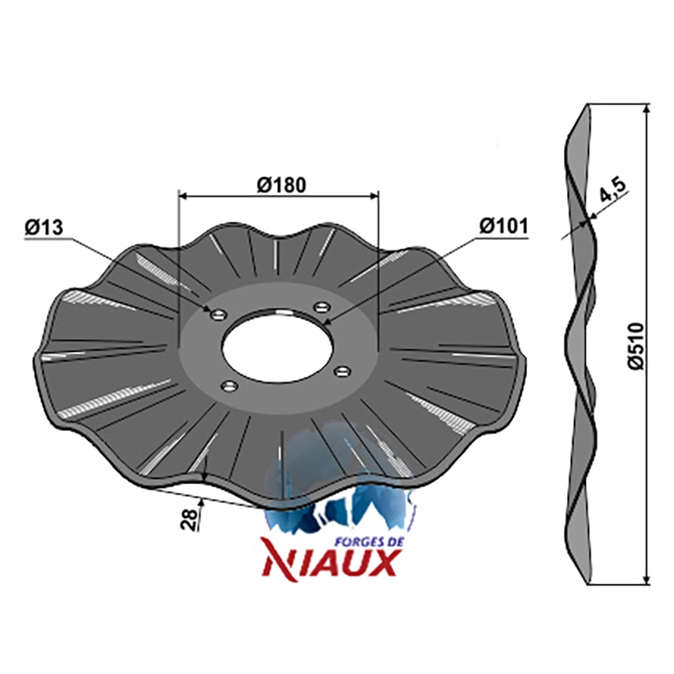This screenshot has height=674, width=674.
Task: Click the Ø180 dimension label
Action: pyautogui.click(x=281, y=185)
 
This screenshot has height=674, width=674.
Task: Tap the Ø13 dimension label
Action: pyautogui.click(x=44, y=227)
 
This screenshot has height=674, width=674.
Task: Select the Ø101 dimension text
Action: pyautogui.click(x=504, y=225)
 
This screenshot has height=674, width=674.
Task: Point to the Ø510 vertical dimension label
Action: pyautogui.click(x=635, y=345)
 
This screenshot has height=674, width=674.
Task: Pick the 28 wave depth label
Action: pyautogui.click(x=190, y=519)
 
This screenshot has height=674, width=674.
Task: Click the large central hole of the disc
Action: pyautogui.click(x=278, y=345)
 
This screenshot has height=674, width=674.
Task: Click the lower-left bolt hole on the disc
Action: pyautogui.click(x=229, y=386)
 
